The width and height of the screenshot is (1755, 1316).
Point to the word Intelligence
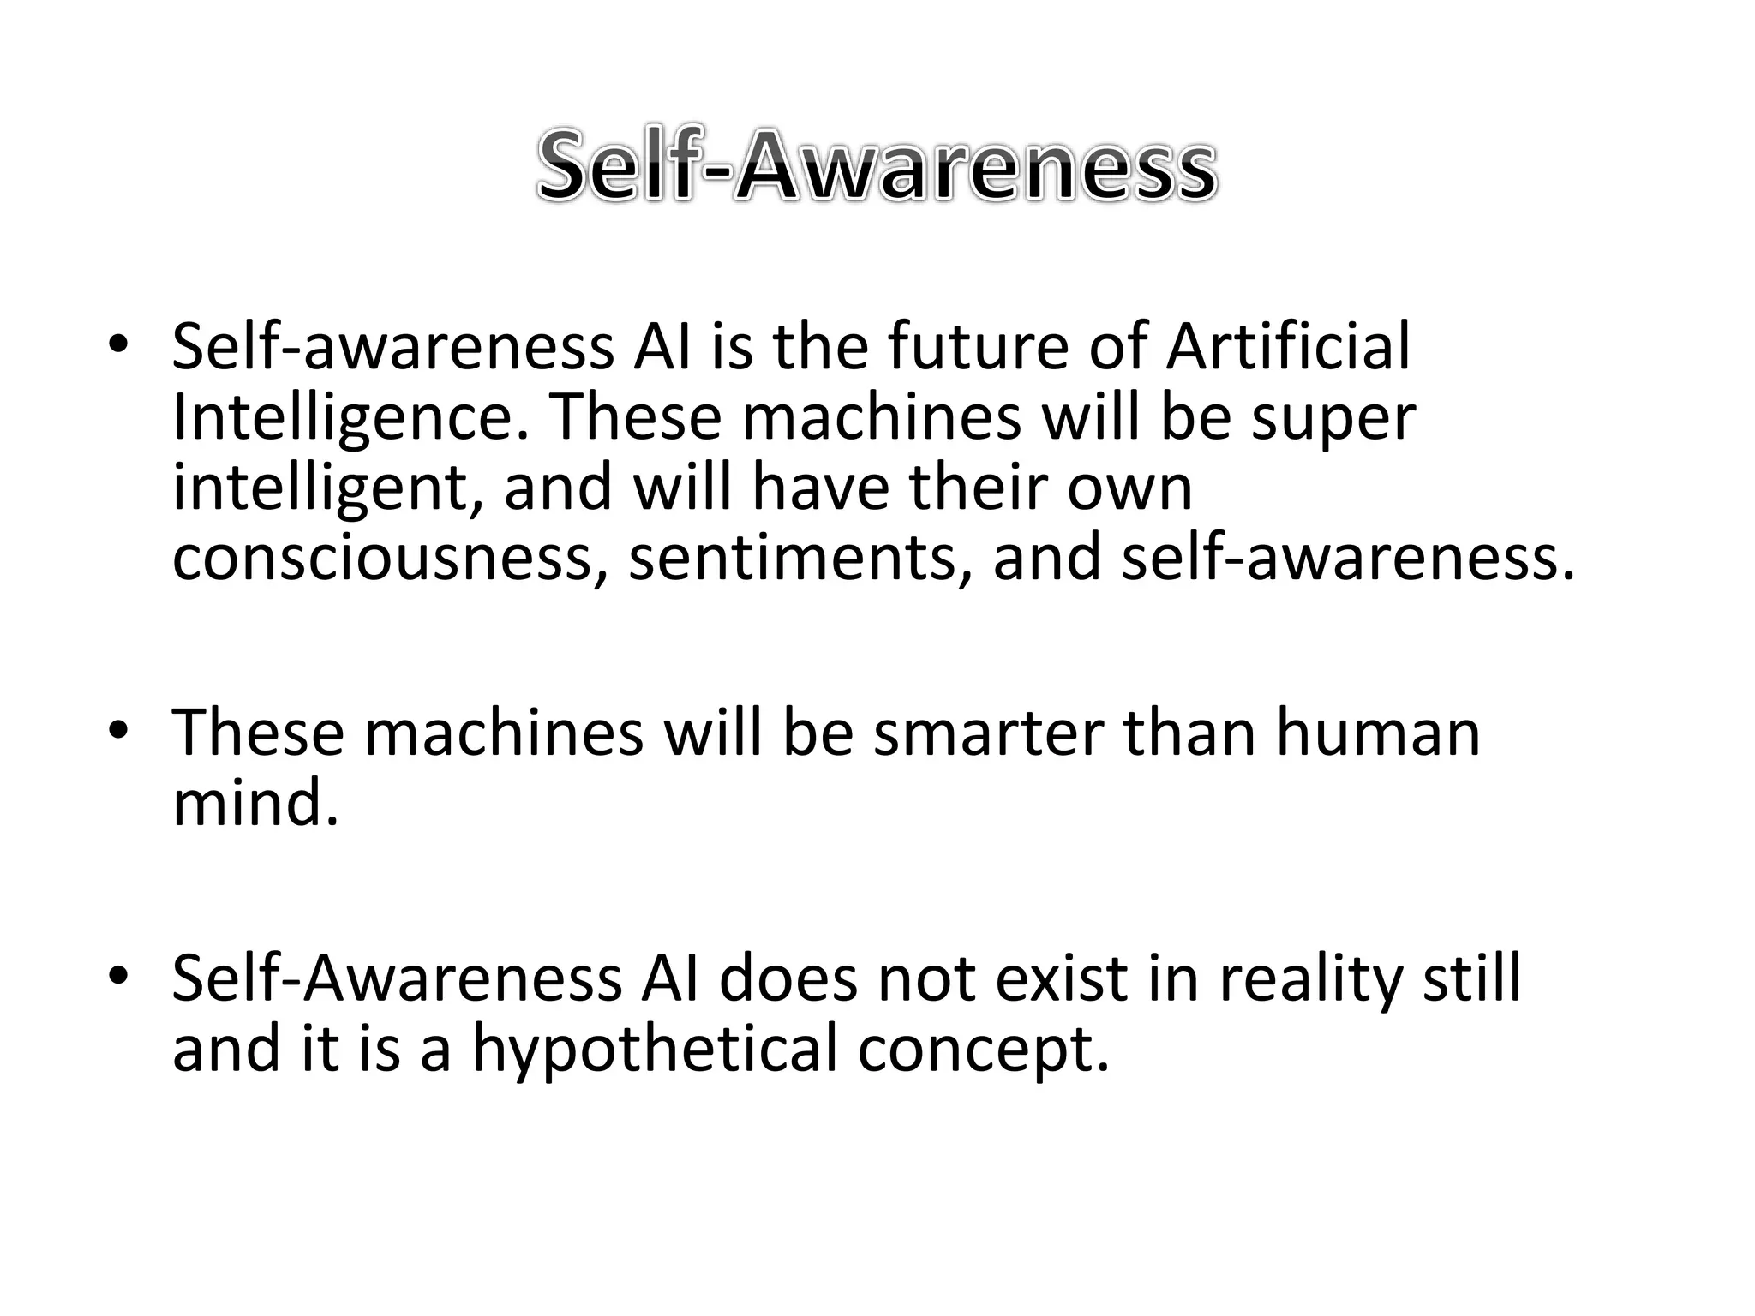350,418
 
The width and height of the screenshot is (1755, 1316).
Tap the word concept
983,1049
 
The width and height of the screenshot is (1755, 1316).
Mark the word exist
1060,978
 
